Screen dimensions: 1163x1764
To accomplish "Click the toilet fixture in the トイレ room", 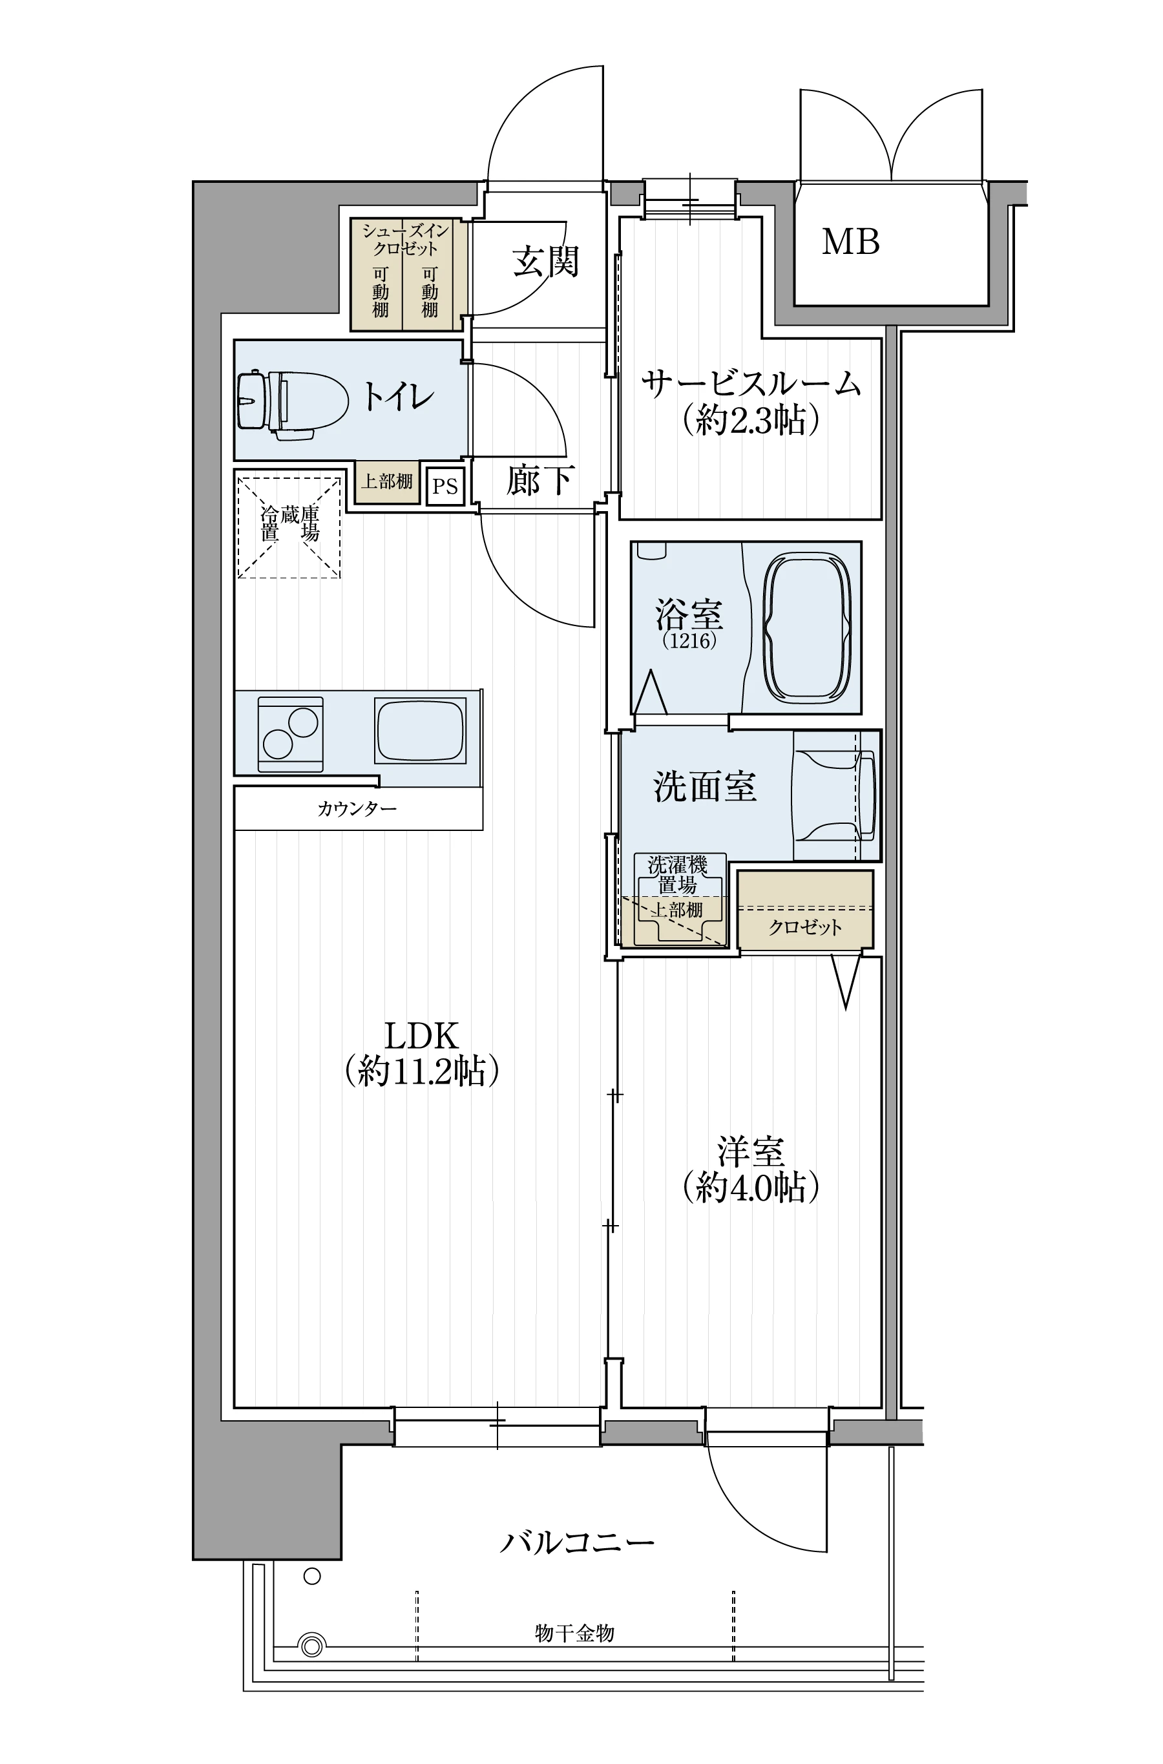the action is click(293, 401).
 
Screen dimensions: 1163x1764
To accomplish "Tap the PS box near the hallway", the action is click(445, 486).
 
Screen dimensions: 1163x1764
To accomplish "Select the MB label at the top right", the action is click(851, 242).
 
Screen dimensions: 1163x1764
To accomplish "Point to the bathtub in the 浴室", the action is click(808, 627).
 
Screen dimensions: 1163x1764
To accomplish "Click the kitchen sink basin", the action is click(421, 730).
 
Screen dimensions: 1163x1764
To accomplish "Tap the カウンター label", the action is click(357, 808).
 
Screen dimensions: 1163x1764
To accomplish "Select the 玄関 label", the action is click(545, 261).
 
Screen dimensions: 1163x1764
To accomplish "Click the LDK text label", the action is click(421, 1034).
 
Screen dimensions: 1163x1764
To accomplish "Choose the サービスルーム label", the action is click(751, 384).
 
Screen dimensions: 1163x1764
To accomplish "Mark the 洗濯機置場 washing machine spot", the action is click(677, 898).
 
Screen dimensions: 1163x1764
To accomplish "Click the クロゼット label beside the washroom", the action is click(805, 927).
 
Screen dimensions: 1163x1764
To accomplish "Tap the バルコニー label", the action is click(576, 1542).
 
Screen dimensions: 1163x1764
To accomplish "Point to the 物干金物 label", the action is click(575, 1633).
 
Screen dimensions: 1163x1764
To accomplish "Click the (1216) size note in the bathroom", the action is click(689, 641).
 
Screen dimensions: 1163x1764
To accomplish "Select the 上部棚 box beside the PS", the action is click(386, 482).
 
